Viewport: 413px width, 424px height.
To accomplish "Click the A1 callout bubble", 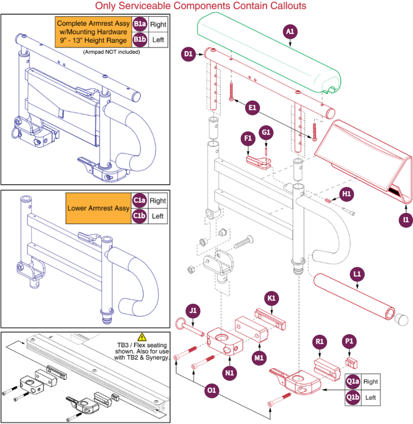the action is tap(290, 31).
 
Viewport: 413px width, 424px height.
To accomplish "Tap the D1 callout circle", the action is tap(188, 54).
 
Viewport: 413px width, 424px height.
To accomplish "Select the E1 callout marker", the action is tap(252, 108).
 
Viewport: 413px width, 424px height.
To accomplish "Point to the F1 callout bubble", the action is tap(248, 139).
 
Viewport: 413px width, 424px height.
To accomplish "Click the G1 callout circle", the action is tap(266, 132).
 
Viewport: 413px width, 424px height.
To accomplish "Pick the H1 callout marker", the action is tap(347, 194).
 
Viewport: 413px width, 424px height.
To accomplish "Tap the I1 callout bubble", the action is tap(406, 220).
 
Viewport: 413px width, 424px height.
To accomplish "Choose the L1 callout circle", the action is tap(357, 274).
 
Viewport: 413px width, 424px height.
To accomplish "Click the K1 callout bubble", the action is tap(271, 298).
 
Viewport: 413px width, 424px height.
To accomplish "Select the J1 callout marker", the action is tap(193, 310).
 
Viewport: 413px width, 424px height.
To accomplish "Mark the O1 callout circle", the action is tap(211, 390).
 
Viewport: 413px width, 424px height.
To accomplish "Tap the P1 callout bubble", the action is tap(349, 341).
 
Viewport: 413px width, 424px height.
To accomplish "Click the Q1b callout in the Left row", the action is tap(353, 397).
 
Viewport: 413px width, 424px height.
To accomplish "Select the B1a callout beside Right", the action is tap(140, 24).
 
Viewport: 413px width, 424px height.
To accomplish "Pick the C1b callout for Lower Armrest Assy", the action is tap(139, 216).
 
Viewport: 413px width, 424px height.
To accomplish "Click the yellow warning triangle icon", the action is tap(142, 337).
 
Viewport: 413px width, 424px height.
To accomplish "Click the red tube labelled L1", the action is tap(354, 297).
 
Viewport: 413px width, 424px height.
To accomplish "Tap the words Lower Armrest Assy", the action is tap(98, 208).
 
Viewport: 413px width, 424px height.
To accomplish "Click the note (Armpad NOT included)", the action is tap(111, 52).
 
